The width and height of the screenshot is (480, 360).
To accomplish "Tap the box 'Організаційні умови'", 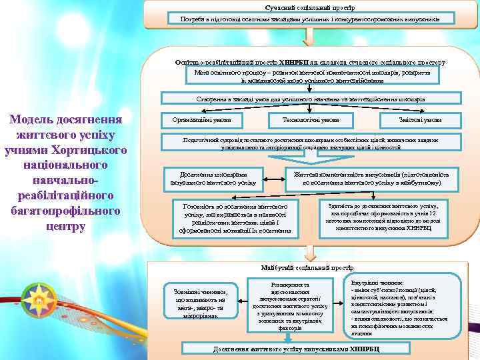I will click(201, 120).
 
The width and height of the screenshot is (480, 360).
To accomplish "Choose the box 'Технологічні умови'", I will click(311, 120).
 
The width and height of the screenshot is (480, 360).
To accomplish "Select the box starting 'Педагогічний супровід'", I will click(311, 143).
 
